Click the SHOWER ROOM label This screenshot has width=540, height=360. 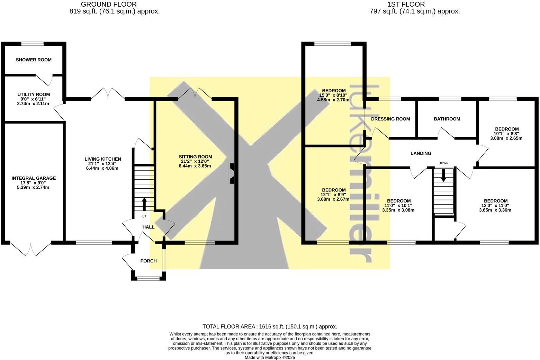coord(34,60)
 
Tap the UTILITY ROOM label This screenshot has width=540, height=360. coord(34,94)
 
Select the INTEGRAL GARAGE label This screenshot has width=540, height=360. coord(34,178)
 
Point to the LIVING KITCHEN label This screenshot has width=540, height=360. coord(103,159)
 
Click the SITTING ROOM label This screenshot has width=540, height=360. coord(195,157)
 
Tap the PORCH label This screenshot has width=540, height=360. coord(148,261)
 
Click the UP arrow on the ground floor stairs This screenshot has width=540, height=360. coord(144,204)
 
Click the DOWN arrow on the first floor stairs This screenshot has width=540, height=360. coord(443,175)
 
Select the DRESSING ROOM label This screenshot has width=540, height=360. coord(390,119)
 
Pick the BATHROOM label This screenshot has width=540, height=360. coord(447,119)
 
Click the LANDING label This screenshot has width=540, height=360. coord(421,153)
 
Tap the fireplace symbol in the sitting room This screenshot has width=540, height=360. coord(232,173)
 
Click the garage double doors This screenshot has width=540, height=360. coord(31,249)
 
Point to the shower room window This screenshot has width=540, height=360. coord(33,44)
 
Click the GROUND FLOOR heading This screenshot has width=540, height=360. coord(109,4)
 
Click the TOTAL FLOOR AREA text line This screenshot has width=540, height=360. coord(270,326)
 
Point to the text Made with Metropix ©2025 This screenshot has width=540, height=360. coord(270,358)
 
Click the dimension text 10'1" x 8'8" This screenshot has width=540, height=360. coord(506,134)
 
